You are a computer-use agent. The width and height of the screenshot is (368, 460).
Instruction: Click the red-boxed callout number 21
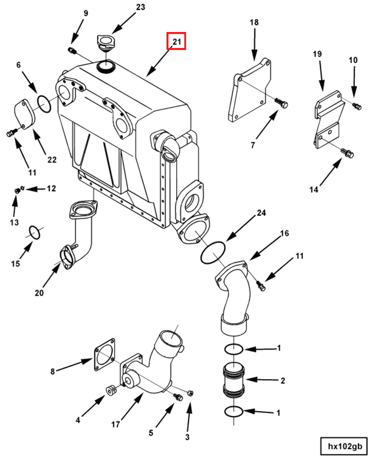click(177, 42)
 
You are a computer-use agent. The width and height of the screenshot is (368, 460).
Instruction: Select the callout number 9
click(86, 13)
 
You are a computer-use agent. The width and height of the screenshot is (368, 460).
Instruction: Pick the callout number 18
click(254, 23)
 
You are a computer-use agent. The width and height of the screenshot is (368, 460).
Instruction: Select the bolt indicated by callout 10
click(357, 106)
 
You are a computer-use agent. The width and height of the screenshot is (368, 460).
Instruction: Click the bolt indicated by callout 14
click(348, 153)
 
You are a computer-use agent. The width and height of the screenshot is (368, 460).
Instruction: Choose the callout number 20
click(39, 293)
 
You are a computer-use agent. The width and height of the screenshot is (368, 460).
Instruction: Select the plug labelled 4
click(110, 390)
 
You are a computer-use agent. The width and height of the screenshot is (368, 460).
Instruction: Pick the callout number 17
click(115, 425)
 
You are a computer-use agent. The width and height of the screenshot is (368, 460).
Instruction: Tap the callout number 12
click(51, 188)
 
